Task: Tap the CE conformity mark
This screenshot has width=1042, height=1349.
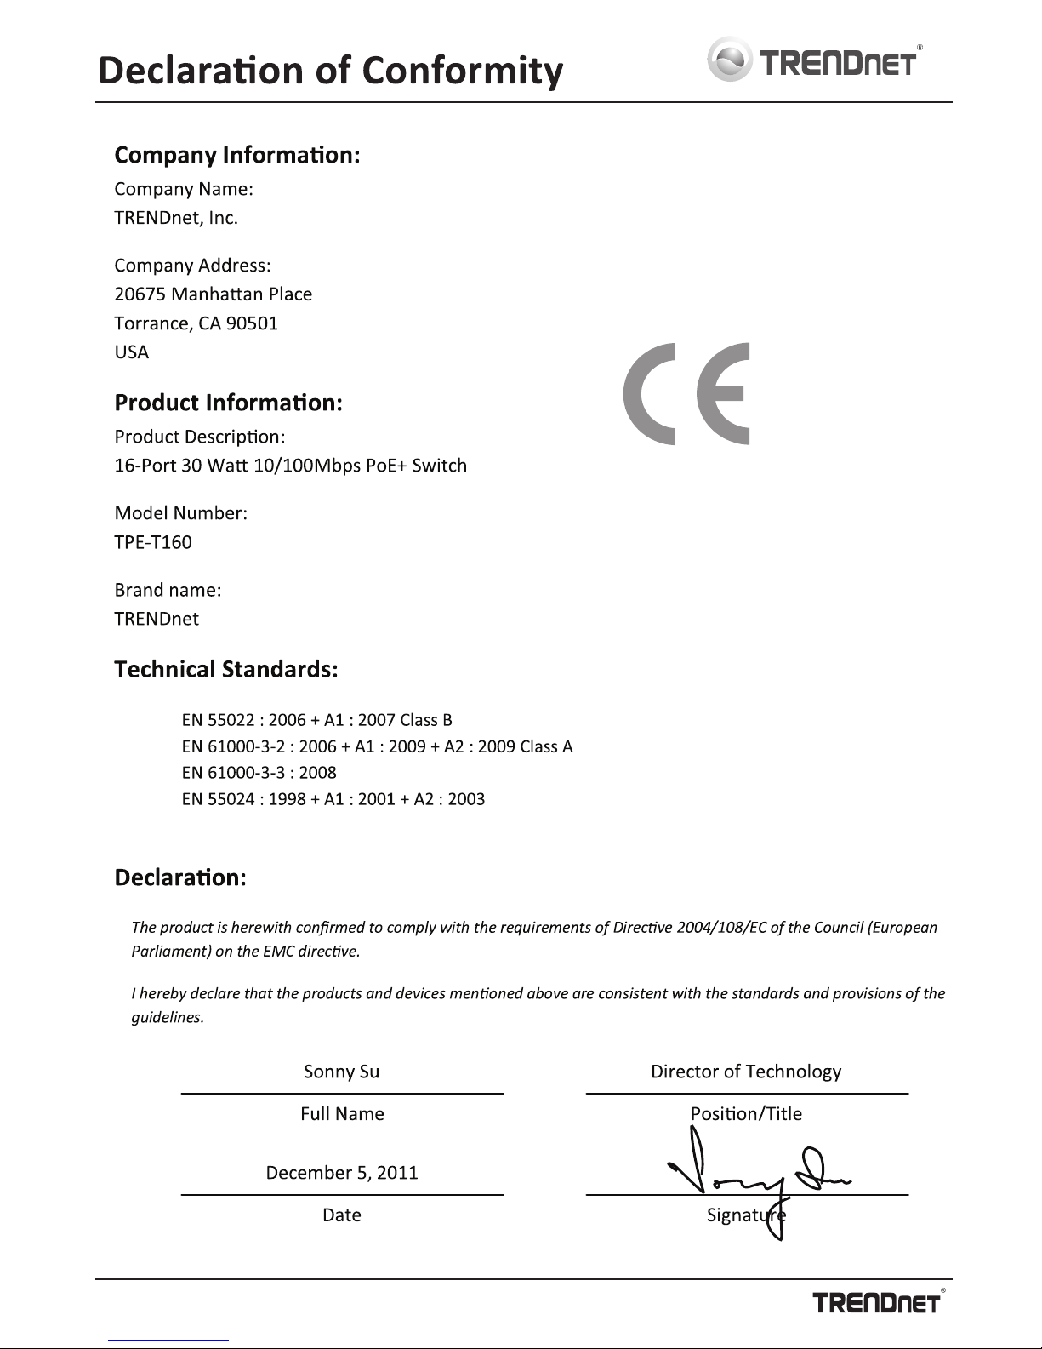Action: (686, 393)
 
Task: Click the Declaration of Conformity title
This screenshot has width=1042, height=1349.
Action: (330, 71)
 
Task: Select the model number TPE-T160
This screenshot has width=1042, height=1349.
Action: (153, 542)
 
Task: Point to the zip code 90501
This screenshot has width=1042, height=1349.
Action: (252, 323)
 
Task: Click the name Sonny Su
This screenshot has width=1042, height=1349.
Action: (341, 1072)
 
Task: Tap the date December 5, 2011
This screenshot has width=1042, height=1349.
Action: (342, 1173)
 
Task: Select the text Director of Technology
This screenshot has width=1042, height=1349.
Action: (746, 1072)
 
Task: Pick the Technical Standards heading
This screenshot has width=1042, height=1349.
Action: (226, 670)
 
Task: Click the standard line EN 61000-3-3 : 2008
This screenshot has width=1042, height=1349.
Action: (259, 773)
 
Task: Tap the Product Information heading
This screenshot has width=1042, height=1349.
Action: (228, 403)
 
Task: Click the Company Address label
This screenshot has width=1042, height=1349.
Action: (192, 266)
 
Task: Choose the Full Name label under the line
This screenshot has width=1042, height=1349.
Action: (342, 1114)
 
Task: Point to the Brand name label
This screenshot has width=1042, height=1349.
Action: (168, 590)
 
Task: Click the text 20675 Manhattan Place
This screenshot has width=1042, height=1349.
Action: (213, 294)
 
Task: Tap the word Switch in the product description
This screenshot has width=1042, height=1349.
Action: (439, 466)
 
